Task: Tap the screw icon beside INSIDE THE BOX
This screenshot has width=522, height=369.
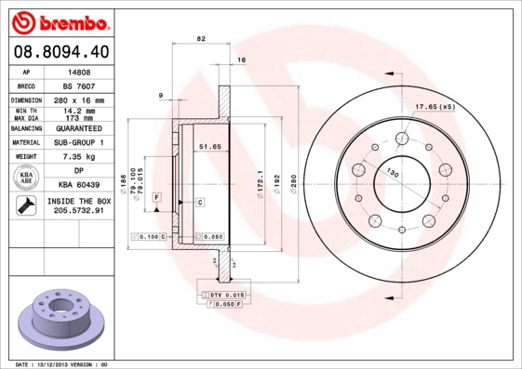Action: (25, 206)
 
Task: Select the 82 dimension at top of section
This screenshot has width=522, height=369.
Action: (201, 38)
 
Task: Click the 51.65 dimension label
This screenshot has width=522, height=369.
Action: (210, 147)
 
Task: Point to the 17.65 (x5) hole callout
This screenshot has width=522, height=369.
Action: (435, 108)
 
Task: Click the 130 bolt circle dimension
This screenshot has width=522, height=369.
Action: (394, 174)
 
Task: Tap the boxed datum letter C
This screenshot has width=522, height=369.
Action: (201, 202)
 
